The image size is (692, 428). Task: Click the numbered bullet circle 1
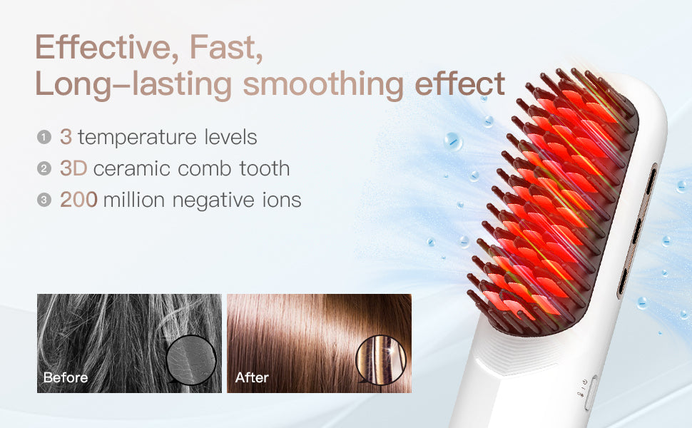click(x=44, y=137)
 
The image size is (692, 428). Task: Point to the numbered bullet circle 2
click(x=44, y=168)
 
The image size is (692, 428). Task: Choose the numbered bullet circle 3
click(x=44, y=200)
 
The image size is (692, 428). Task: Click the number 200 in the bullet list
click(x=78, y=200)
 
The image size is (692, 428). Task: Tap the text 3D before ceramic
click(x=73, y=168)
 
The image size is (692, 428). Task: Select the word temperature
click(x=137, y=138)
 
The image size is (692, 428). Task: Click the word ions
click(x=282, y=200)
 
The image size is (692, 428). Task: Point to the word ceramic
click(x=132, y=168)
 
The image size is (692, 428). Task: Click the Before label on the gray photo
click(x=66, y=377)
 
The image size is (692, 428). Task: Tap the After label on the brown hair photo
click(x=252, y=377)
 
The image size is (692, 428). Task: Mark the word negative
click(x=213, y=200)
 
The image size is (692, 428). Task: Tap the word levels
click(x=230, y=137)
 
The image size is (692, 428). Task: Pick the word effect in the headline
click(x=459, y=83)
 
